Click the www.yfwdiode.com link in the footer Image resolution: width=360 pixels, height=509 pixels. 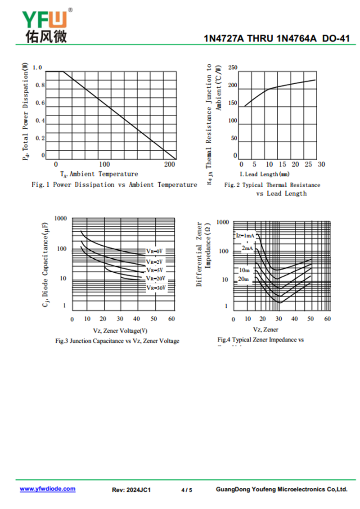tap(47, 489)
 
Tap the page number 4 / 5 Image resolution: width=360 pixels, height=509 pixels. tap(187, 490)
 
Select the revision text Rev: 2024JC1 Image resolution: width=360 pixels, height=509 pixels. tap(131, 490)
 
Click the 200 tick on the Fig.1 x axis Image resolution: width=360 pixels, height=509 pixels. tap(170, 165)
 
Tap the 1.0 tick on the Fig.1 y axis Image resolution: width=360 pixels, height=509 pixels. tap(37, 68)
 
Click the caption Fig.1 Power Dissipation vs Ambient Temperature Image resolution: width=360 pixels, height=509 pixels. tap(114, 185)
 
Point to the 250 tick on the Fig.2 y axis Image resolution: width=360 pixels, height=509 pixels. tap(233, 68)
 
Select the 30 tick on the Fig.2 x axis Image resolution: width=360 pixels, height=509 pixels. tap(321, 165)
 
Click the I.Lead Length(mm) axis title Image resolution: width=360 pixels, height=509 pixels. tap(265, 174)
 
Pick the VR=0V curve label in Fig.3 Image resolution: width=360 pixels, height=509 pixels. tap(154, 250)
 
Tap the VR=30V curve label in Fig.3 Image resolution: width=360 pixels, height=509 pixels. tap(156, 288)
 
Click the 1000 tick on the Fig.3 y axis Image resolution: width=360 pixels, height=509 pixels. tap(60, 218)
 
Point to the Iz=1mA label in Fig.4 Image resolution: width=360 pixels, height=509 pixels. tap(245, 235)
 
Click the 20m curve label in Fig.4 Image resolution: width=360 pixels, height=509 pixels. tap(243, 279)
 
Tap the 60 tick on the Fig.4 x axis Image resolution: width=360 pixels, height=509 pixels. tap(328, 319)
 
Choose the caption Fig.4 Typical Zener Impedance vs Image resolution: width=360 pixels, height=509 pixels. tap(261, 340)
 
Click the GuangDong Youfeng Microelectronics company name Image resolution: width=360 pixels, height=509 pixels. tap(282, 490)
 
